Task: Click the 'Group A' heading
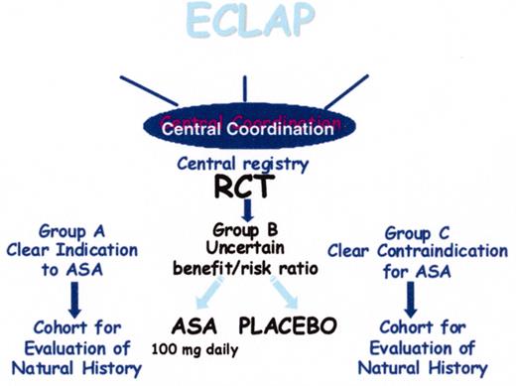pos(72,226)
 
